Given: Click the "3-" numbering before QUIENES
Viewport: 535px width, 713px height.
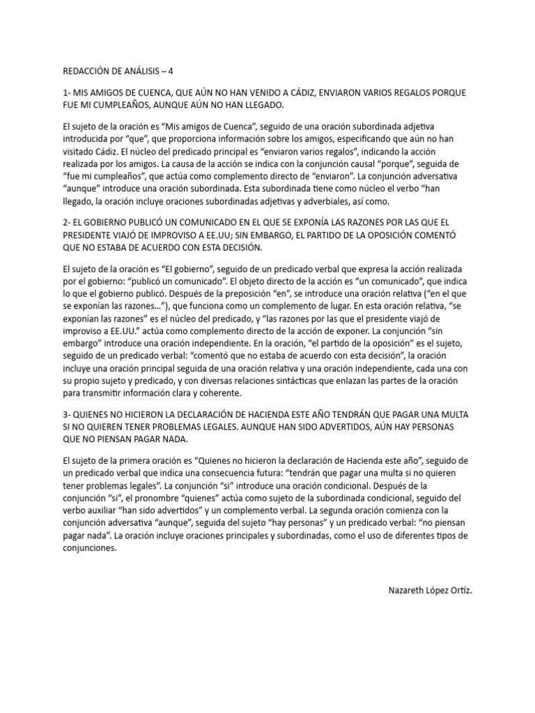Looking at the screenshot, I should (67, 415).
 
